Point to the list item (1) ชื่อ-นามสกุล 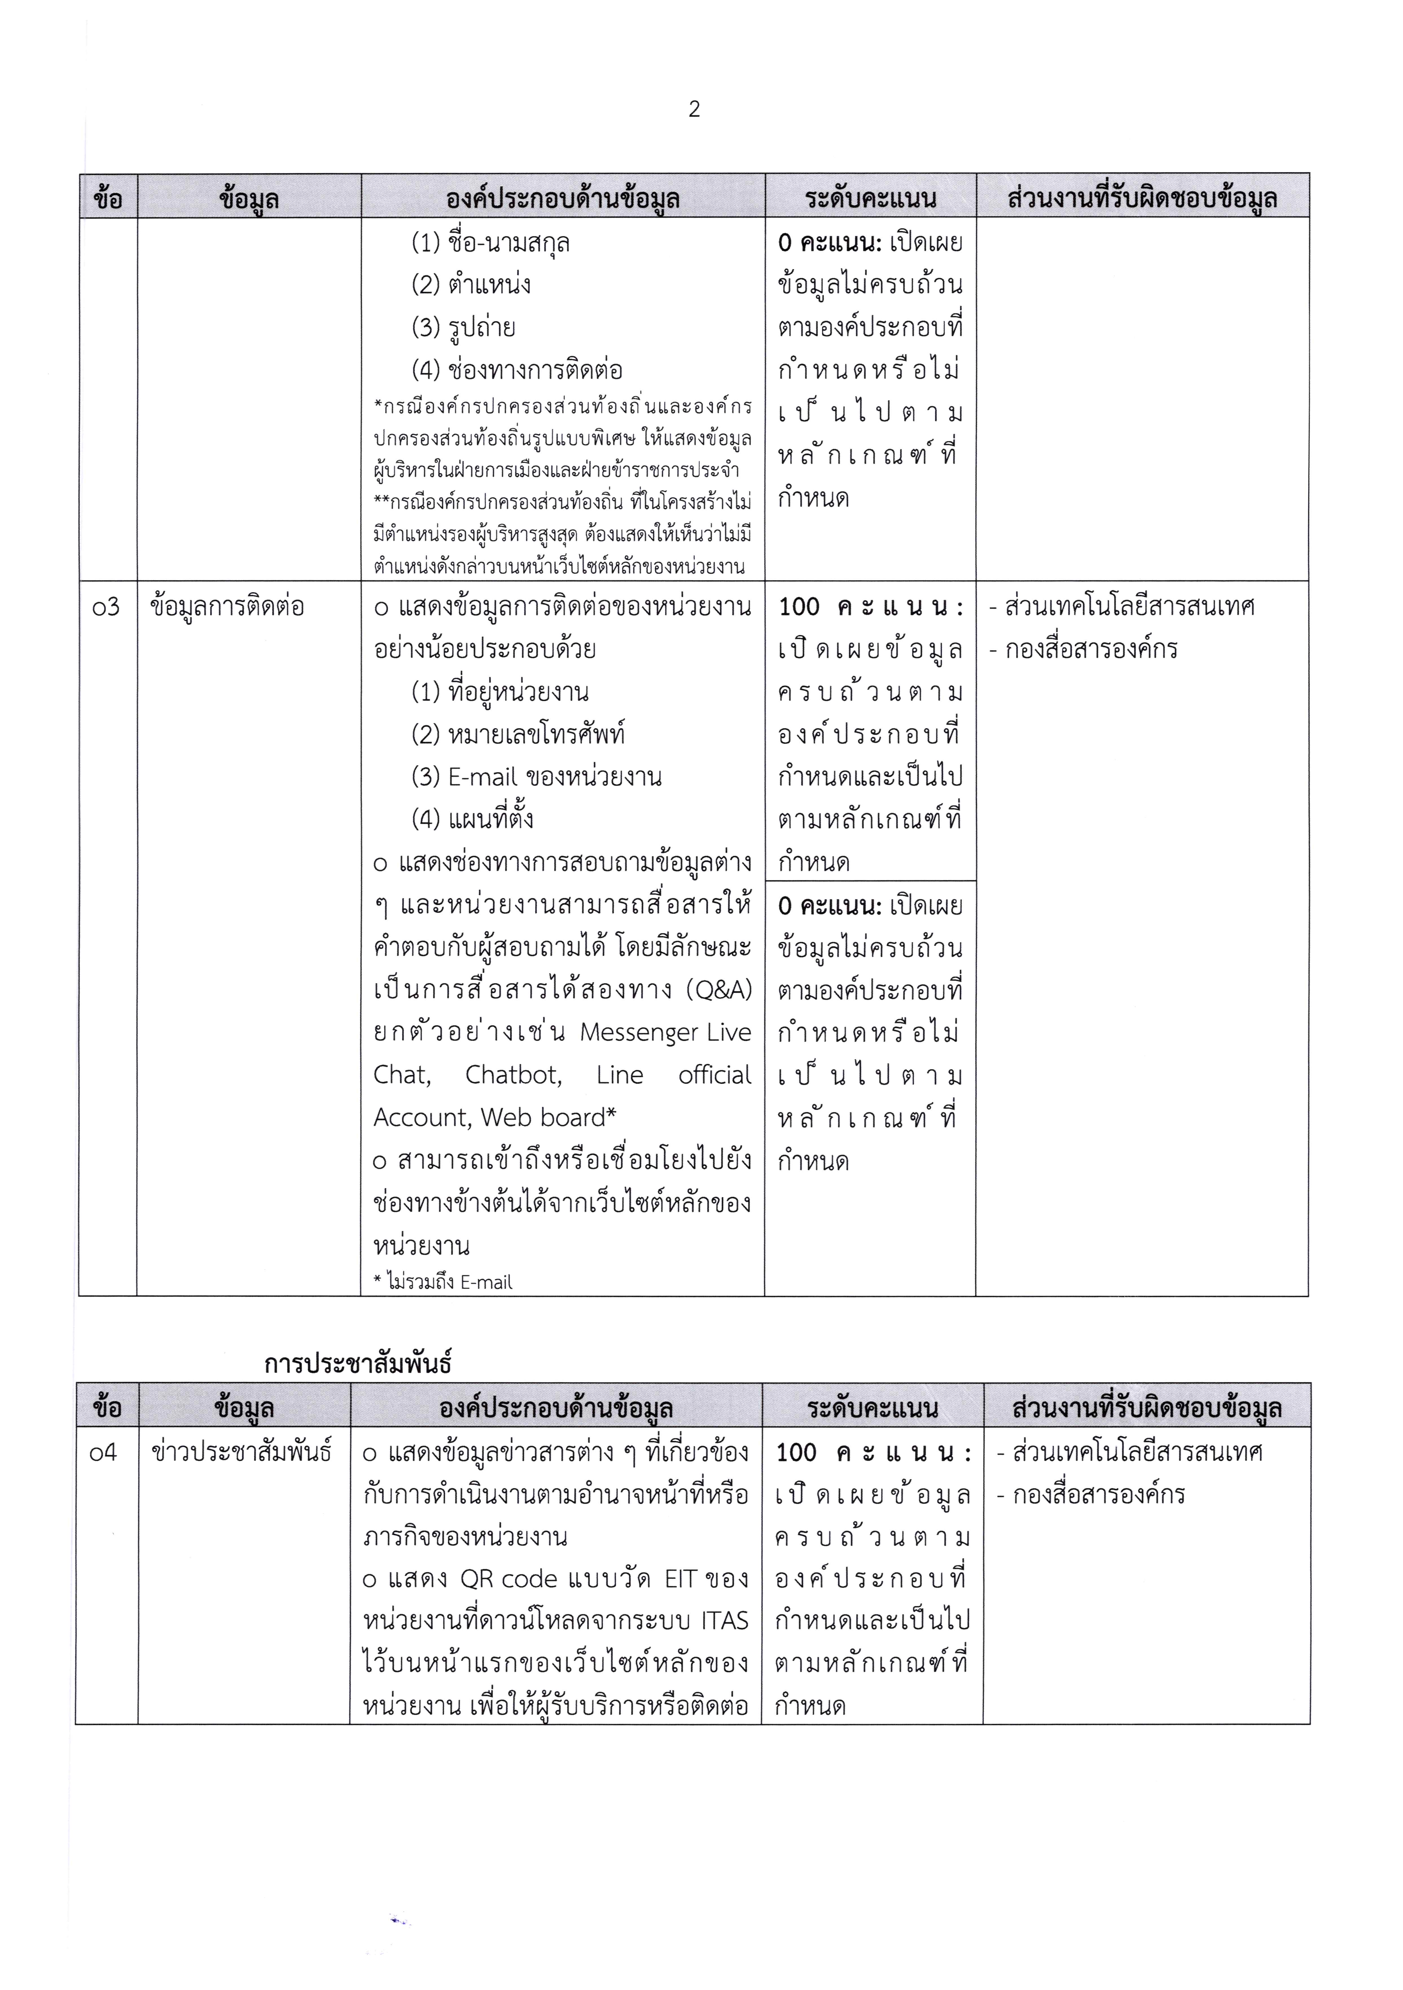tap(490, 244)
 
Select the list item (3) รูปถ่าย tap(464, 328)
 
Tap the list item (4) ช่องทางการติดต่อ tap(517, 370)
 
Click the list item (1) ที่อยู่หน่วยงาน tap(500, 693)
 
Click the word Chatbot tap(513, 1076)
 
